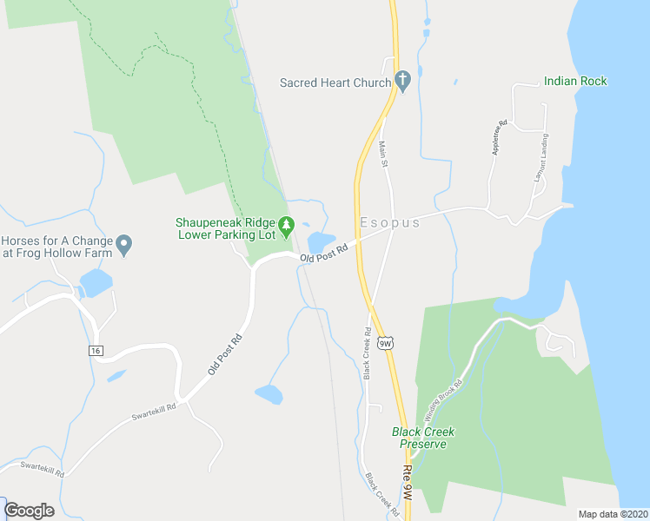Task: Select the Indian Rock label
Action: coord(575,82)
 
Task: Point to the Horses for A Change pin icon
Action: coord(124,245)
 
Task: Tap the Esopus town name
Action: coord(388,223)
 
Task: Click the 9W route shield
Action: coord(388,343)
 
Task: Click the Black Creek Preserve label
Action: coord(423,438)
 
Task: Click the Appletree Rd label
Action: coord(499,136)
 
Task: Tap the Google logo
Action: coord(29,511)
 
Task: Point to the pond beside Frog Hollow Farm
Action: coord(96,281)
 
